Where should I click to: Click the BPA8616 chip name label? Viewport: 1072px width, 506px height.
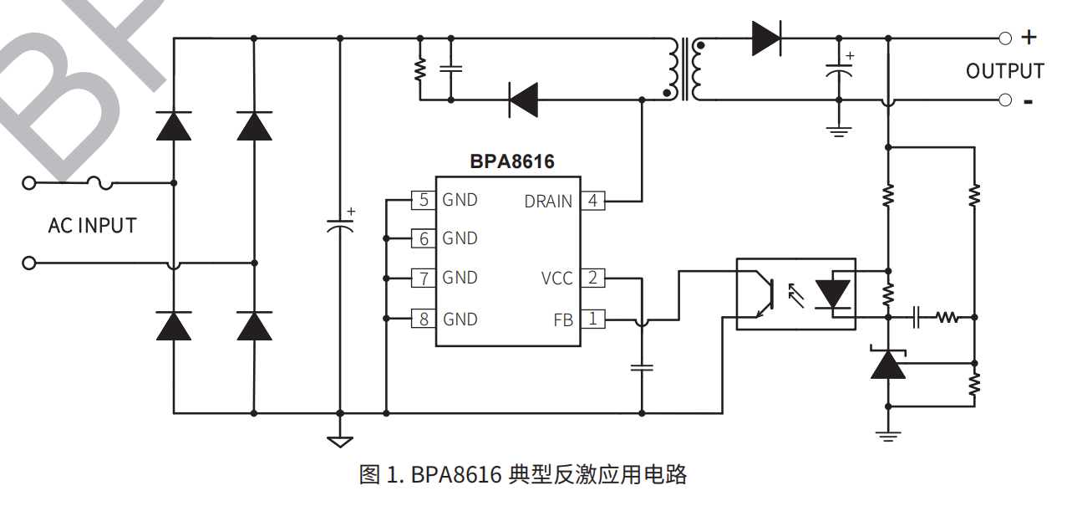coord(511,161)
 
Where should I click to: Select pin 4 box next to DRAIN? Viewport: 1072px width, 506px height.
coord(592,201)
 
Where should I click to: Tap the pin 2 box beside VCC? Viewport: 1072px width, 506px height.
coord(592,278)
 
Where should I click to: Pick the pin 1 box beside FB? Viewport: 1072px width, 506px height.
coord(592,319)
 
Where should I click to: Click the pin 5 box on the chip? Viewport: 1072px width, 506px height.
coord(424,200)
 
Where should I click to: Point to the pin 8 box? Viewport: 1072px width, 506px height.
coord(424,319)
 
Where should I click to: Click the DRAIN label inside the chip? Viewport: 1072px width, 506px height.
coord(548,202)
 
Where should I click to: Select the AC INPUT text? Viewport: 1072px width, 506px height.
coord(92,226)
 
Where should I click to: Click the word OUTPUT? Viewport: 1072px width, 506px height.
coord(1005,72)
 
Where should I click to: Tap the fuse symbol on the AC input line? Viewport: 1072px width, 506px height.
coord(99,181)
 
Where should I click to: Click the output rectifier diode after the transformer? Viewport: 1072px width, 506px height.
coord(765,38)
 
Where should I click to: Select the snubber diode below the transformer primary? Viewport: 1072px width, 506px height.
coord(524,100)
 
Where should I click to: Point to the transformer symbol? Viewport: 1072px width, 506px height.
coord(684,69)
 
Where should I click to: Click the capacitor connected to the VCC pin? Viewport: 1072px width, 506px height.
coord(642,366)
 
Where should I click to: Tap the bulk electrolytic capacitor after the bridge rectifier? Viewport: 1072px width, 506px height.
coord(339,225)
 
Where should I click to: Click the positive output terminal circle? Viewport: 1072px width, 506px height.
coord(1005,38)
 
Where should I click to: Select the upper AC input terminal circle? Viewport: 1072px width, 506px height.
coord(29,182)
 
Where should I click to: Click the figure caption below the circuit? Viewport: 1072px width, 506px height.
coord(523,475)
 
